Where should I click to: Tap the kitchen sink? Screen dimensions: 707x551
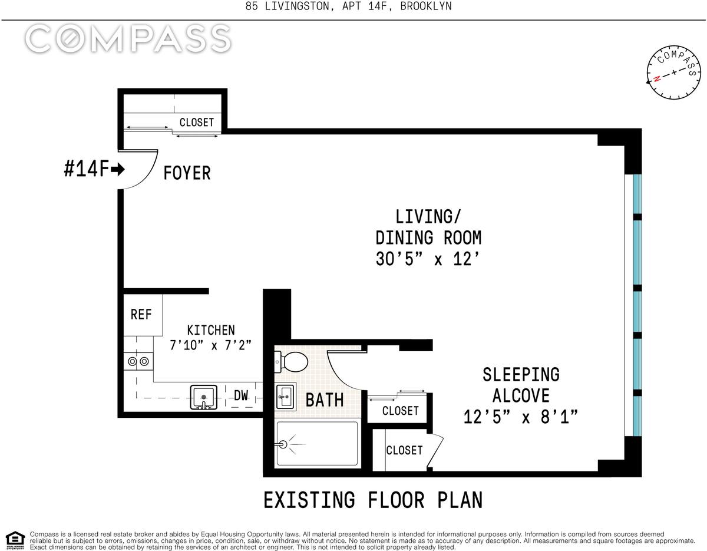pos(204,397)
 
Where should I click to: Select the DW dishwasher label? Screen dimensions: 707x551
pos(241,395)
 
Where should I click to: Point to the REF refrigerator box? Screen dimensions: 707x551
pos(143,315)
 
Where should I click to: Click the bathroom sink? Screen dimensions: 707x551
pos(286,396)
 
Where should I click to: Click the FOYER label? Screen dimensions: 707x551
pos(187,173)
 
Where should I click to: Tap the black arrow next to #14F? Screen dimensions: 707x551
pos(117,169)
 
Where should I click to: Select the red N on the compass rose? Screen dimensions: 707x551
pos(658,78)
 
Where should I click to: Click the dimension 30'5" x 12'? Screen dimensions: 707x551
pos(428,259)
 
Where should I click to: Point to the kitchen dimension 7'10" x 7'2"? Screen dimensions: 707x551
pos(211,345)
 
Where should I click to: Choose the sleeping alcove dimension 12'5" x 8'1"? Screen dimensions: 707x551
pos(521,417)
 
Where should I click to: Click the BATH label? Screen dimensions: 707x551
pos(325,400)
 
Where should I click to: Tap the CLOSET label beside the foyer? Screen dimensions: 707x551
pos(197,123)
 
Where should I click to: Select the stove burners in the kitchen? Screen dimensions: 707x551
pos(138,361)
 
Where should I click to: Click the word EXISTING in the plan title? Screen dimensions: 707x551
pos(309,500)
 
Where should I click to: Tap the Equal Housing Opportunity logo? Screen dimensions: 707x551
pos(15,540)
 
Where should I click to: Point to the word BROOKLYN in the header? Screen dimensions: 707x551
pos(426,6)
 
